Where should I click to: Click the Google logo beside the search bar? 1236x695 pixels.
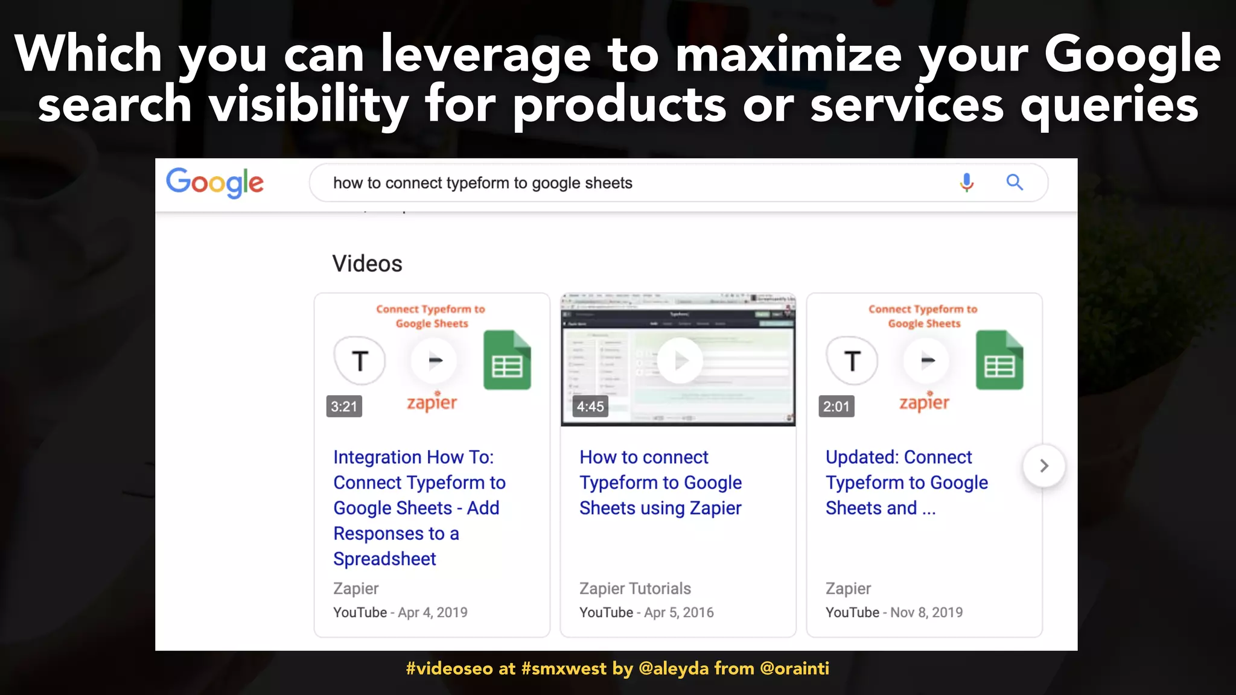point(215,182)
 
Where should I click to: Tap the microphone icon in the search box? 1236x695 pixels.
point(966,182)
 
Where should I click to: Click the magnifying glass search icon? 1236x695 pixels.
point(1015,182)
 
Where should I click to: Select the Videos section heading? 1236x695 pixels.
point(367,264)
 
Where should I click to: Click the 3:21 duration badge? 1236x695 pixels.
point(344,407)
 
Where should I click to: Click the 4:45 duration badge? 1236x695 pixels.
point(590,407)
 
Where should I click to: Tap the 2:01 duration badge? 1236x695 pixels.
point(836,407)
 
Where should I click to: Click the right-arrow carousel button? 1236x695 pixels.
point(1043,466)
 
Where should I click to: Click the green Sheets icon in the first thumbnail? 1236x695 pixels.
point(507,360)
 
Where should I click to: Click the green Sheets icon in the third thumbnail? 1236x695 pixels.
point(999,360)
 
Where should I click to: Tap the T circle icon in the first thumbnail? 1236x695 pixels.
point(360,361)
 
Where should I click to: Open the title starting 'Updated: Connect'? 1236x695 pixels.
point(906,482)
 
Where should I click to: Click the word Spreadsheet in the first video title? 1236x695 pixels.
point(384,559)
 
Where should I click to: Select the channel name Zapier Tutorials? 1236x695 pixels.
point(635,588)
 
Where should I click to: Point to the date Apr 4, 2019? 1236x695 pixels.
point(432,612)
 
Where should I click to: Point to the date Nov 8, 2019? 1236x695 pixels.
point(926,612)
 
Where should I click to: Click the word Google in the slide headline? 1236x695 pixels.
point(1132,54)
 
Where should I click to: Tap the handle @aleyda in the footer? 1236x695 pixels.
point(674,668)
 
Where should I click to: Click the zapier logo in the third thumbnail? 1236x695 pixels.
point(924,402)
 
